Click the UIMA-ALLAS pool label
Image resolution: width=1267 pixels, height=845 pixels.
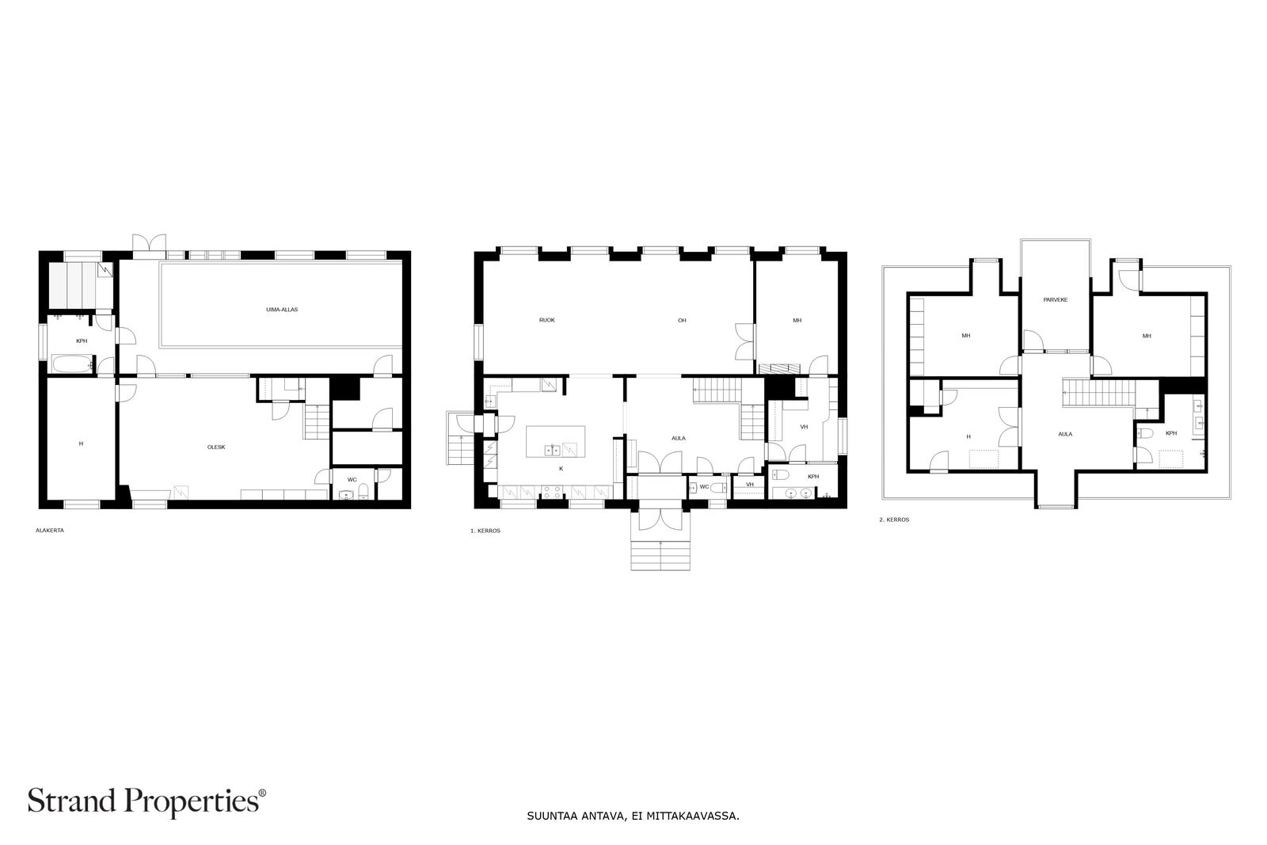[282, 310]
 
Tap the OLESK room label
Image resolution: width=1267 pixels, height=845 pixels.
[216, 447]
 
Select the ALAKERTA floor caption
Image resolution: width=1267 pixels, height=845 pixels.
[50, 531]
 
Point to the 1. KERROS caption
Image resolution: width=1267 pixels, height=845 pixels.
[485, 531]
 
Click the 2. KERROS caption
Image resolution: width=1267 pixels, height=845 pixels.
[893, 520]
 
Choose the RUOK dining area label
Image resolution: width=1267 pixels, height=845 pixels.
[546, 320]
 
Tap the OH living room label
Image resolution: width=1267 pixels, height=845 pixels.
[681, 320]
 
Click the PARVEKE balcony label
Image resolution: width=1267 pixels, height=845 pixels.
[1056, 299]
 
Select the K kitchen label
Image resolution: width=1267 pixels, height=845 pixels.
[561, 469]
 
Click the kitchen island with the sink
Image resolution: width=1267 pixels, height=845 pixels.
[556, 441]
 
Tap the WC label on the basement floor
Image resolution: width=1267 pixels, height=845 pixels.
[352, 479]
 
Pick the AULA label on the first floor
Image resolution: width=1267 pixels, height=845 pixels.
[678, 438]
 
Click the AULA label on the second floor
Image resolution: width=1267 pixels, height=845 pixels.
[1065, 434]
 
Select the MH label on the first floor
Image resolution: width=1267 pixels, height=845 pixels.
[797, 320]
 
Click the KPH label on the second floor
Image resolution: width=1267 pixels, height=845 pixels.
[1170, 433]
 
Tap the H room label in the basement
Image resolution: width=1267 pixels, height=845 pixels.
[81, 443]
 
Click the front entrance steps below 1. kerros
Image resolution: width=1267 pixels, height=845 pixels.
[660, 554]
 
